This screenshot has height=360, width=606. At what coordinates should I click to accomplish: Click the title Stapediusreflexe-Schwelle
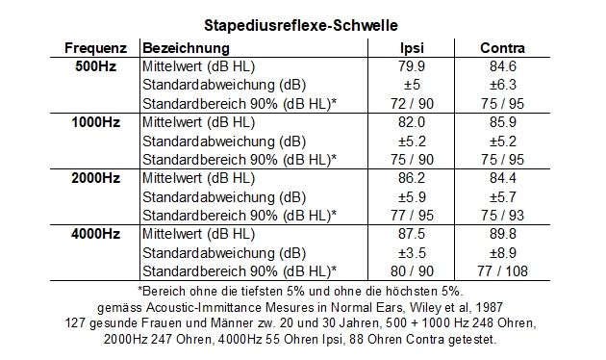click(x=303, y=23)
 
